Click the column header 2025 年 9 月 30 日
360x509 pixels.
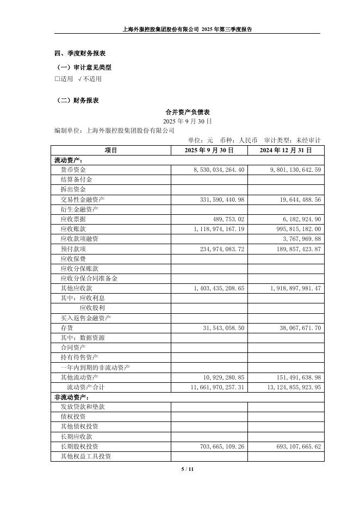(209, 150)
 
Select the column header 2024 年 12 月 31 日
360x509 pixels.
(285, 150)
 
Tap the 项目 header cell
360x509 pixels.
(111, 150)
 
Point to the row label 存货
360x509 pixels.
(67, 328)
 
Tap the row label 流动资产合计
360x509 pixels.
(85, 387)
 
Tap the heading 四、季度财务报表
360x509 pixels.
(80, 53)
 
